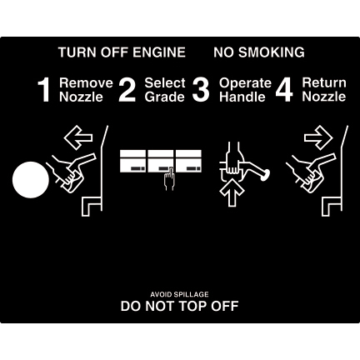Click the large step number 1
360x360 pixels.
44,90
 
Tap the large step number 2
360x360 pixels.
127,90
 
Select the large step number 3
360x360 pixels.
201,90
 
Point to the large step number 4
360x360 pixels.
284,90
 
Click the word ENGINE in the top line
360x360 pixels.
159,52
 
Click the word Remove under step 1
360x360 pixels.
86,82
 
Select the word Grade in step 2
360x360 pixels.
165,97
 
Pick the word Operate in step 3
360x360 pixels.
245,83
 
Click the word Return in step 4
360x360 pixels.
324,82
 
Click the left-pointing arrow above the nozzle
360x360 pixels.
78,137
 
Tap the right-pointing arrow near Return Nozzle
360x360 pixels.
318,137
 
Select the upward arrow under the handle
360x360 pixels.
232,192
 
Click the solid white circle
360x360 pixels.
31,180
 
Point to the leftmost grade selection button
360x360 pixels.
132,161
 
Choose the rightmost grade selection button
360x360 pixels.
189,161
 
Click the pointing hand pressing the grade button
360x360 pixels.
169,179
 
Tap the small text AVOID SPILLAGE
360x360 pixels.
179,294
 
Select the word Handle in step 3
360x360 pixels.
242,97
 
